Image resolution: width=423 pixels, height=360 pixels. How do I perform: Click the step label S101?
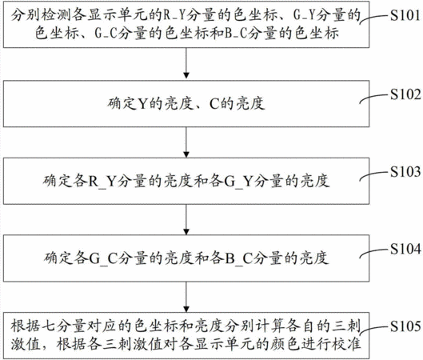tap(405, 15)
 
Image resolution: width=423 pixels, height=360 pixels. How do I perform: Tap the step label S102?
tap(405, 94)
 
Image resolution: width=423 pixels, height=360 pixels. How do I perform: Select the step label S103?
tap(405, 172)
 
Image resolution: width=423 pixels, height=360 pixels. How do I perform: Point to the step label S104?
tap(405, 249)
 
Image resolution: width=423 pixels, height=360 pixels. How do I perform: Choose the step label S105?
tap(405, 326)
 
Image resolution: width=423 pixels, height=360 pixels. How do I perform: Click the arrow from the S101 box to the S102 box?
tap(186, 63)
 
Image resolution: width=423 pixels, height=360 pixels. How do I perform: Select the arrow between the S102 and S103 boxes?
tap(186, 142)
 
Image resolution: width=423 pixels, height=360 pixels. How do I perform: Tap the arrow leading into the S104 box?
tap(186, 219)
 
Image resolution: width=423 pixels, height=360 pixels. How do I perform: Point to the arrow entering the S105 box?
tap(186, 297)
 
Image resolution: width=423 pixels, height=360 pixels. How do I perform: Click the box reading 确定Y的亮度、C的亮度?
tap(186, 104)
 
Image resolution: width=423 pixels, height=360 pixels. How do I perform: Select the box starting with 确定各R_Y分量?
tap(186, 181)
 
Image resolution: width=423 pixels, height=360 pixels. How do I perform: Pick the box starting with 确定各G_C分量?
tap(186, 258)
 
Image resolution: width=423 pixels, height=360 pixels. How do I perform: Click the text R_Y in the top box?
tap(174, 15)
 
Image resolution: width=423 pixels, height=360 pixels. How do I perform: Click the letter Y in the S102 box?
tap(143, 104)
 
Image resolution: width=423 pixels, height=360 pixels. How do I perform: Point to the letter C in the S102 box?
tap(214, 104)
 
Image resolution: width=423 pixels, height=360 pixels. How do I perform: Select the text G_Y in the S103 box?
tap(238, 181)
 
